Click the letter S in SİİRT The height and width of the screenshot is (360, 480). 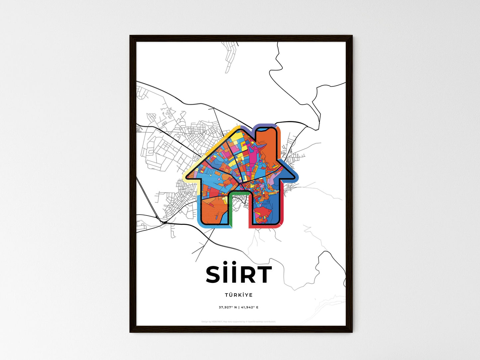214,275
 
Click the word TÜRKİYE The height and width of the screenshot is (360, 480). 239,295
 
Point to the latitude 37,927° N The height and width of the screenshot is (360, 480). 228,307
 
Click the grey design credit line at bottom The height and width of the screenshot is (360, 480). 239,321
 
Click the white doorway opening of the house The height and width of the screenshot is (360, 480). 239,213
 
